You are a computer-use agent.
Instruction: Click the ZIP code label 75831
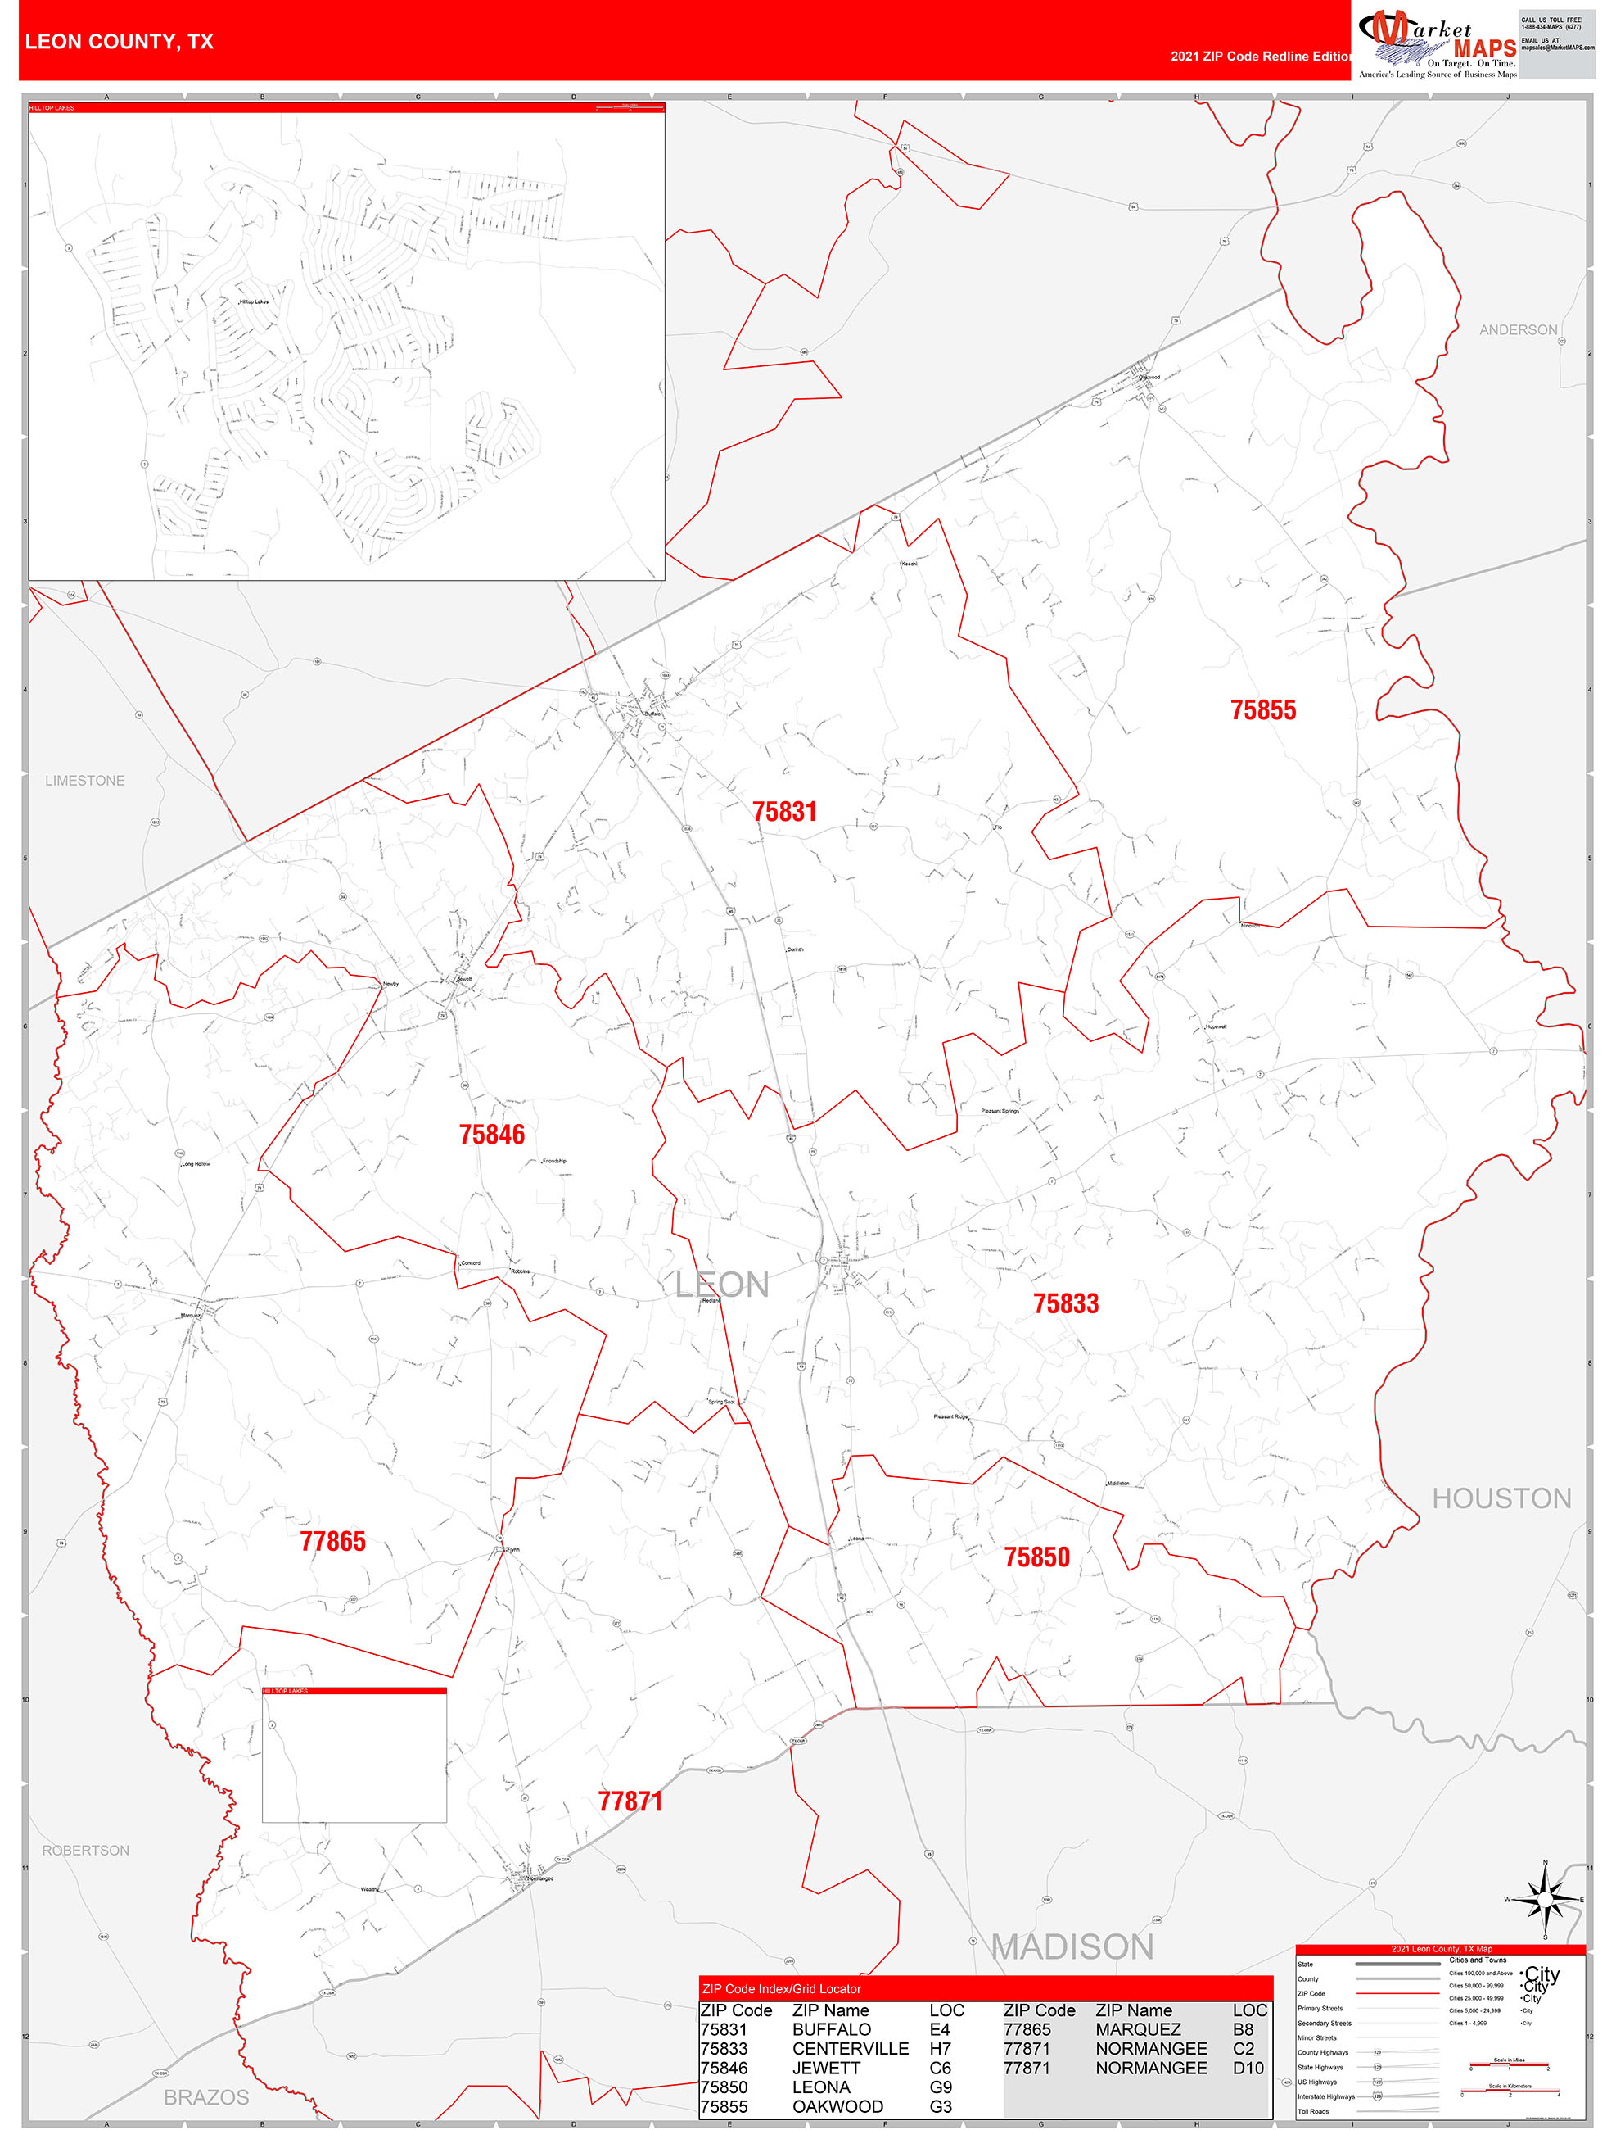click(784, 812)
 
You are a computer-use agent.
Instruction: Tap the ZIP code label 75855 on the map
click(1263, 710)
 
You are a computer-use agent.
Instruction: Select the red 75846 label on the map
click(492, 1135)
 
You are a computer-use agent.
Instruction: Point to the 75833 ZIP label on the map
click(1065, 1304)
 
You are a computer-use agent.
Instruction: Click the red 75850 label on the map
click(1036, 1557)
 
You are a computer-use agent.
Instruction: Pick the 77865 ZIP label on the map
click(333, 1542)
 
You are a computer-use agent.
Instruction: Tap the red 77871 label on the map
click(630, 1801)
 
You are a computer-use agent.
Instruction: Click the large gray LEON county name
click(722, 1285)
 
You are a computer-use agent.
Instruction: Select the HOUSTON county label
click(1501, 1498)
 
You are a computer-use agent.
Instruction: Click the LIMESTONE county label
click(84, 781)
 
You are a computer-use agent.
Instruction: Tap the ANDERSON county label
click(1518, 330)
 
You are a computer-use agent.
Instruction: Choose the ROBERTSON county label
click(86, 1851)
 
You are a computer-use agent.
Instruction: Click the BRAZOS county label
click(206, 2097)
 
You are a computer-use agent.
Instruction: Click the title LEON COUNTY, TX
click(120, 42)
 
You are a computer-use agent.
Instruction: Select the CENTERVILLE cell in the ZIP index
click(850, 2048)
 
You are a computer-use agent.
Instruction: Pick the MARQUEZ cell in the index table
click(1138, 2029)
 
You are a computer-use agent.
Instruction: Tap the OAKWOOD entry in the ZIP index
click(837, 2106)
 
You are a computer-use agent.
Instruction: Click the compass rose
click(1545, 1899)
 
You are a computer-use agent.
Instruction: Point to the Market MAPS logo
click(1437, 43)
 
